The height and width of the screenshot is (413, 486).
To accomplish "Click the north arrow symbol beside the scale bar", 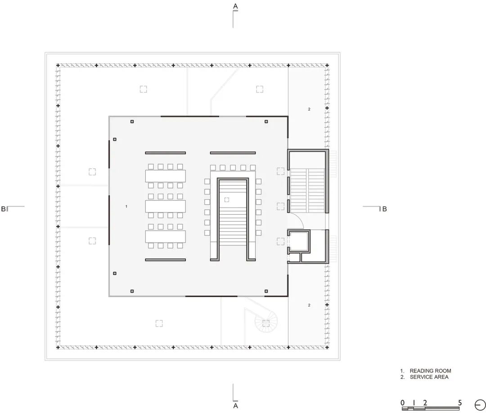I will tap(480, 404).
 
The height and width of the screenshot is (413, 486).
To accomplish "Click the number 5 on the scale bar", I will tap(459, 403).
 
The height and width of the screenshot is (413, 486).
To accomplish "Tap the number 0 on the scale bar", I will tap(403, 403).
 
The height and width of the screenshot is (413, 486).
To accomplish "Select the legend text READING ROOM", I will tap(430, 371).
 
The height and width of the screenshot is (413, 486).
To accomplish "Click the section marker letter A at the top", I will tap(235, 6).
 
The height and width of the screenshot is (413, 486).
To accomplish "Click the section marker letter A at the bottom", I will tap(235, 406).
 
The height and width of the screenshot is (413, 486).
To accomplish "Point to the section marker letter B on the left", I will tap(3, 209).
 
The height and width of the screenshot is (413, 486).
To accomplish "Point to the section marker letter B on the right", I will tap(384, 209).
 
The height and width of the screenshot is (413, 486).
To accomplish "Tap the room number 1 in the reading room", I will tap(126, 206).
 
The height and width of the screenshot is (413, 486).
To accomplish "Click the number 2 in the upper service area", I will tap(309, 109).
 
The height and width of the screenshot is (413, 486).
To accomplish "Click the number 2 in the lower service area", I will tap(309, 305).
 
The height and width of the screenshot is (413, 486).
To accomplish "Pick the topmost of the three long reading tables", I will tap(166, 176).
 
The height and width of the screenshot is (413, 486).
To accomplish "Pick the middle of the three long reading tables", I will tap(166, 206).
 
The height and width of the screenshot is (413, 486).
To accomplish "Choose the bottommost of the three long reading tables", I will tap(166, 236).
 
